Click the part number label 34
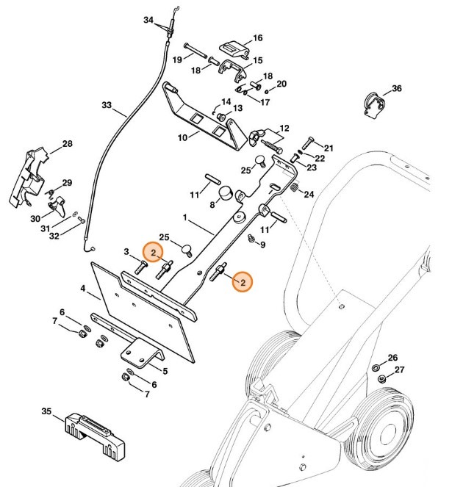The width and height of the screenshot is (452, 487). tap(149, 19)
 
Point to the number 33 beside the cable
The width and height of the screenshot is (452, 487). tap(107, 106)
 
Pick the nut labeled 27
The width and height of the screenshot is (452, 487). tap(381, 379)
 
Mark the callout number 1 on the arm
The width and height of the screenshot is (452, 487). tap(186, 218)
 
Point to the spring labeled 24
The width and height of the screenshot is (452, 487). tap(293, 192)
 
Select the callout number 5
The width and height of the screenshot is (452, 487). tap(164, 372)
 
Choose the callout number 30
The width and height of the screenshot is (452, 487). tap(35, 218)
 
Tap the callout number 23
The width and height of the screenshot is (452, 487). tap(312, 168)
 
